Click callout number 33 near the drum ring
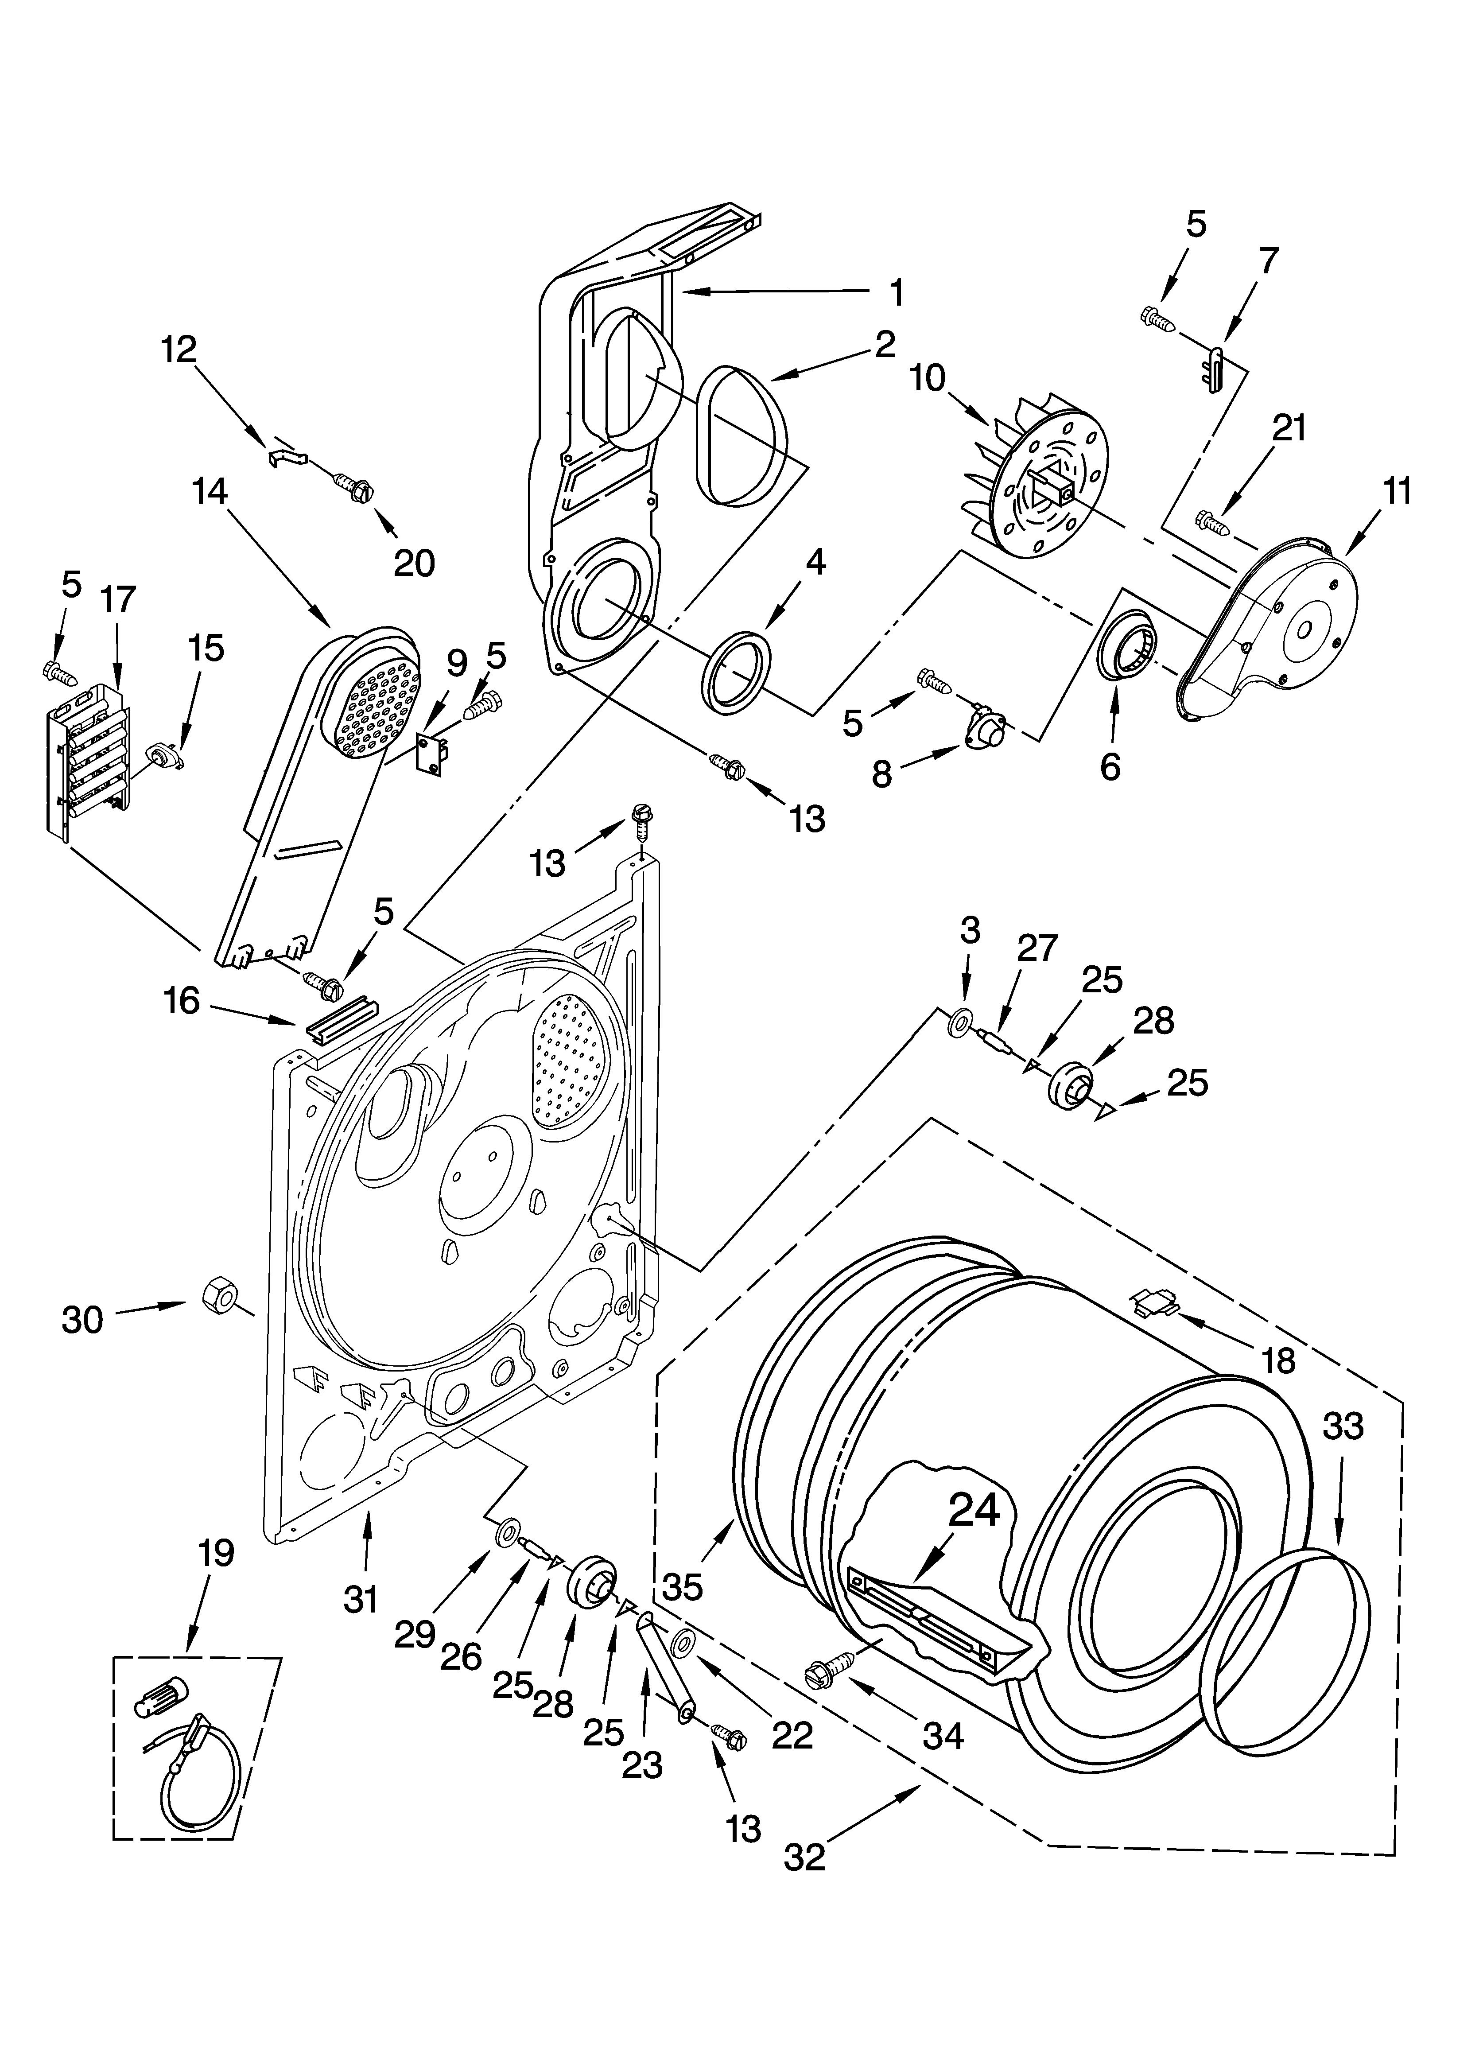[1343, 1427]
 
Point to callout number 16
[182, 1001]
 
